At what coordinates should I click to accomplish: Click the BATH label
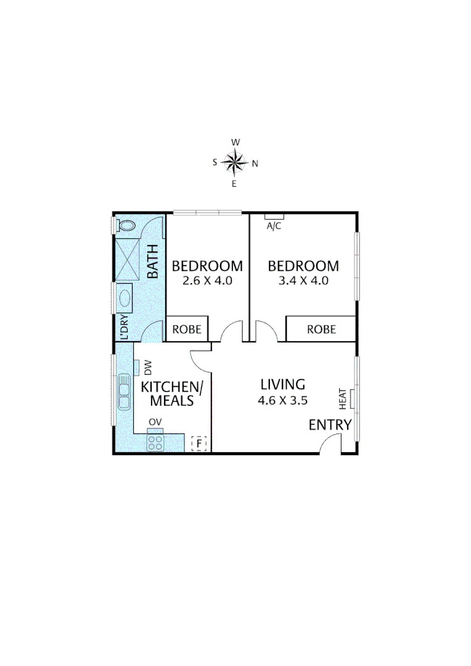pyautogui.click(x=152, y=261)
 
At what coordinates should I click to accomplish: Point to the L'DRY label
pyautogui.click(x=123, y=327)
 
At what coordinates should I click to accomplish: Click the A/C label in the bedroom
pyautogui.click(x=274, y=226)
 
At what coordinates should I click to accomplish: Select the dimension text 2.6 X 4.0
pyautogui.click(x=207, y=281)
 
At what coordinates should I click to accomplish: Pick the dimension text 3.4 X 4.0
pyautogui.click(x=303, y=281)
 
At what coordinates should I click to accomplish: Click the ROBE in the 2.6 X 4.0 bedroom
pyautogui.click(x=187, y=329)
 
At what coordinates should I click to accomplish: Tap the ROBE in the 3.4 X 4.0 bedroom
pyautogui.click(x=321, y=329)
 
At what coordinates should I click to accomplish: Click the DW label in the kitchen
pyautogui.click(x=148, y=368)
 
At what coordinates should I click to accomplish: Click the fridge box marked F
pyautogui.click(x=199, y=443)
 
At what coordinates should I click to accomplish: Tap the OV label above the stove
pyautogui.click(x=155, y=422)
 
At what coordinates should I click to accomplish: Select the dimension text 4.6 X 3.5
pyautogui.click(x=282, y=400)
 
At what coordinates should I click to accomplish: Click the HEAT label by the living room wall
pyautogui.click(x=343, y=399)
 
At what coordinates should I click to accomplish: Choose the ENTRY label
pyautogui.click(x=330, y=424)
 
